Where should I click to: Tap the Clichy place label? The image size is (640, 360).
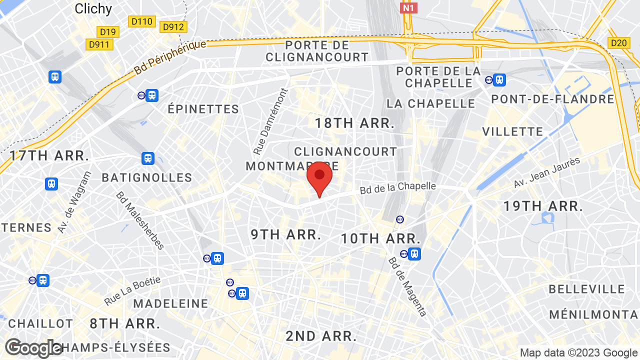pos(93,8)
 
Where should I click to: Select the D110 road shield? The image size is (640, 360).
pos(142,21)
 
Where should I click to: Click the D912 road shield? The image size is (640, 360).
pos(173,26)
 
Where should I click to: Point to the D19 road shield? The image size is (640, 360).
pos(107,32)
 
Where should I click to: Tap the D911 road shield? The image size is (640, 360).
pos(99,44)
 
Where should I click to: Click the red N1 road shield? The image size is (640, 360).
pos(408,7)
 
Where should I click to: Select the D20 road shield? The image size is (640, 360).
pos(618,43)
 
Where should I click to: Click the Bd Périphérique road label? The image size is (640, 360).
pos(170,58)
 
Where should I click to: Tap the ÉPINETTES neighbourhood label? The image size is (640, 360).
pos(203,109)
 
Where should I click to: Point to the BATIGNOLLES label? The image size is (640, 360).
pos(147,177)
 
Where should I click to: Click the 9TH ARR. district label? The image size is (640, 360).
pos(286,234)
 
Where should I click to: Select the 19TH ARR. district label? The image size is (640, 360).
pos(543,206)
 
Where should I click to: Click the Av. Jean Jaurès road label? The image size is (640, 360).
pos(546,173)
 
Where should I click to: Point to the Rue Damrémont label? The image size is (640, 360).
pos(270,121)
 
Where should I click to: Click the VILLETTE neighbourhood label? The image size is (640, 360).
pos(512,131)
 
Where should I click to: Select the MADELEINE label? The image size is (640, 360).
pos(170,303)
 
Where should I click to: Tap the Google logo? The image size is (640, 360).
pos(33,348)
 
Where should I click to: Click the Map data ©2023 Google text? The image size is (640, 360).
pos(578,353)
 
